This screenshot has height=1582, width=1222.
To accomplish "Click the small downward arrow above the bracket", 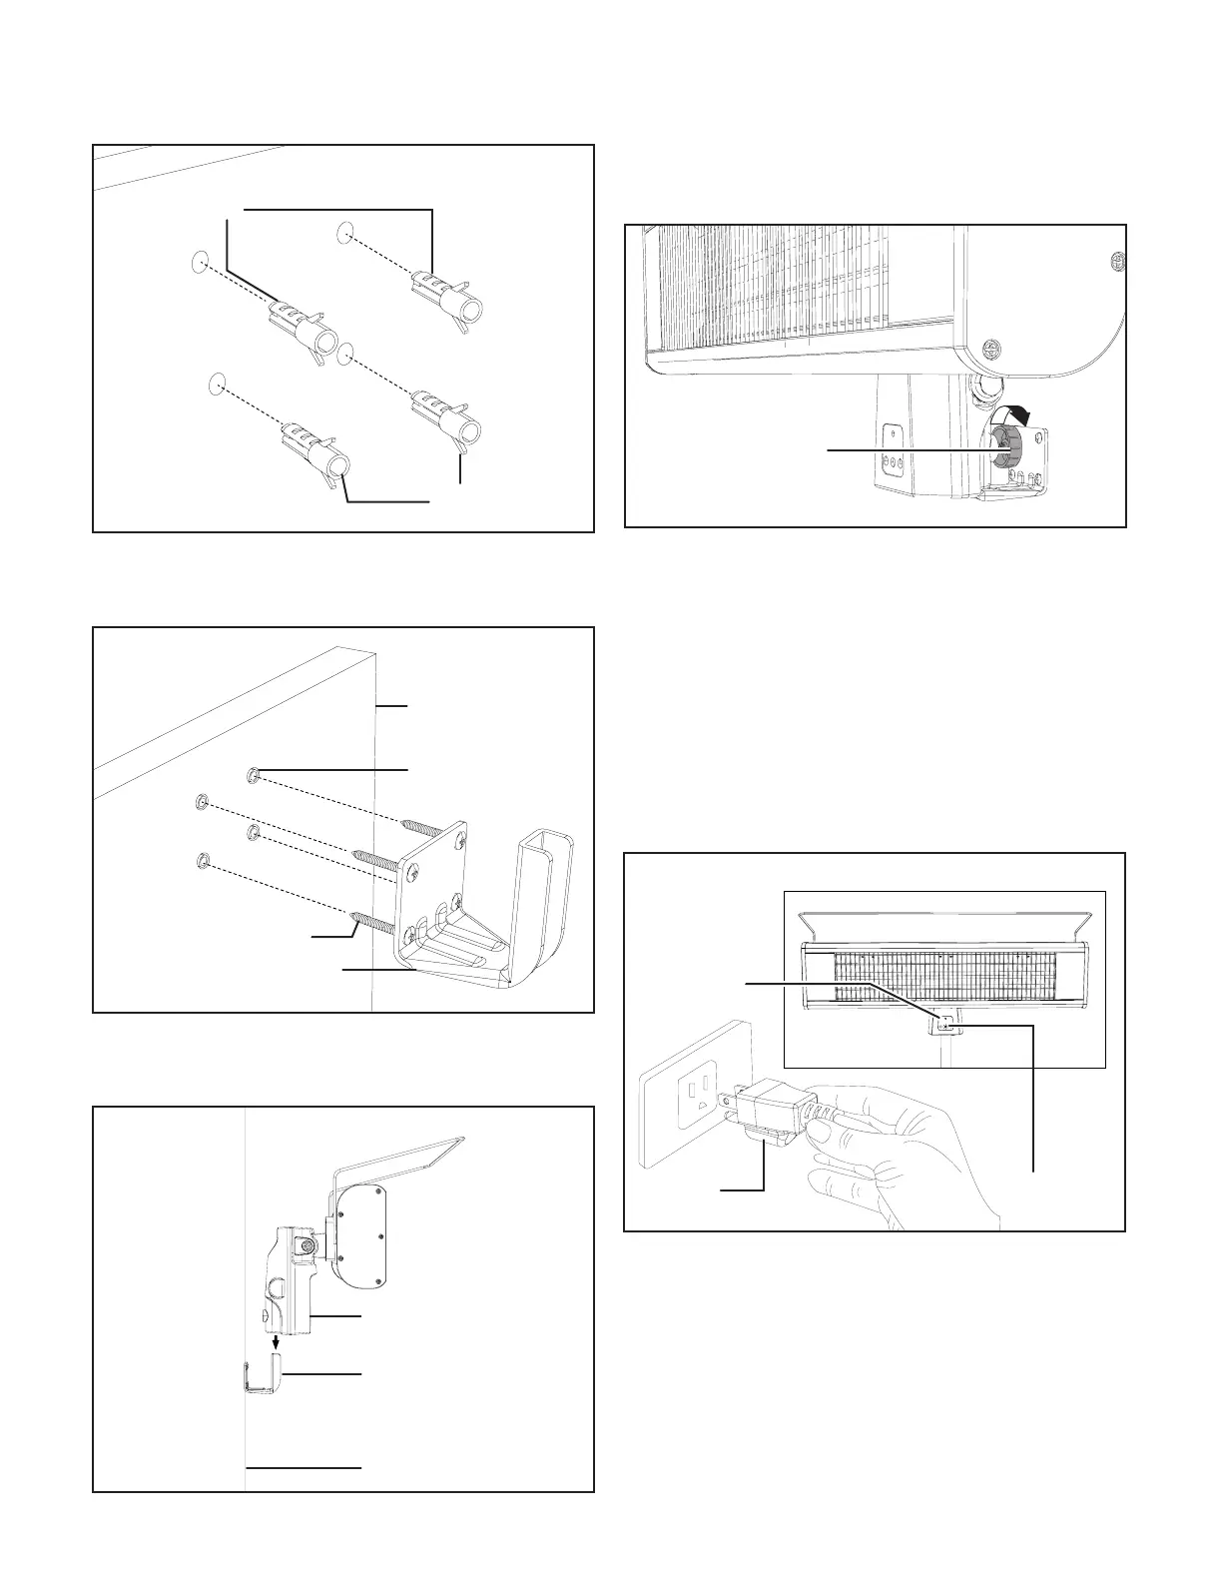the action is pos(277,1345).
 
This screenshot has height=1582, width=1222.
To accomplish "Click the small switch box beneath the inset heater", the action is pos(945,1024).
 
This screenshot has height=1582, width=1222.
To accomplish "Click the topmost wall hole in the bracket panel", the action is pos(252,774).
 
